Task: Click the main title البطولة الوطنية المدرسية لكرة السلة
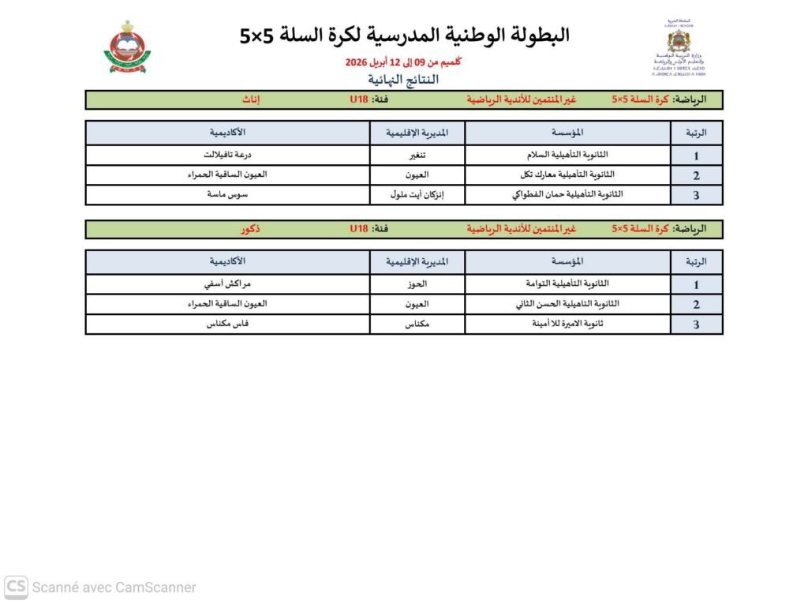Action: (404, 36)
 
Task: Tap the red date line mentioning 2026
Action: (403, 62)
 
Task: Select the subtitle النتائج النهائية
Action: (403, 80)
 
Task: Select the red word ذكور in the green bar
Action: (252, 229)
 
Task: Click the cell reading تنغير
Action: (417, 155)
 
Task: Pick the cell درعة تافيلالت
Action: (227, 155)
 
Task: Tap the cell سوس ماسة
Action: (227, 194)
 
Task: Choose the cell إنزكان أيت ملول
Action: (417, 194)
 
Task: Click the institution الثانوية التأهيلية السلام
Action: (567, 155)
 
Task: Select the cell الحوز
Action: (417, 284)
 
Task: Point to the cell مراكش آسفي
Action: (227, 284)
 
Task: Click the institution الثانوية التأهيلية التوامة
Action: (567, 284)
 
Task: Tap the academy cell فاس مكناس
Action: (227, 324)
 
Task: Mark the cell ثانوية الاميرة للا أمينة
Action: (567, 324)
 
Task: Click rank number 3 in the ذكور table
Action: (696, 325)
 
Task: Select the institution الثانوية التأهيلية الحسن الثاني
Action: (567, 304)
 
